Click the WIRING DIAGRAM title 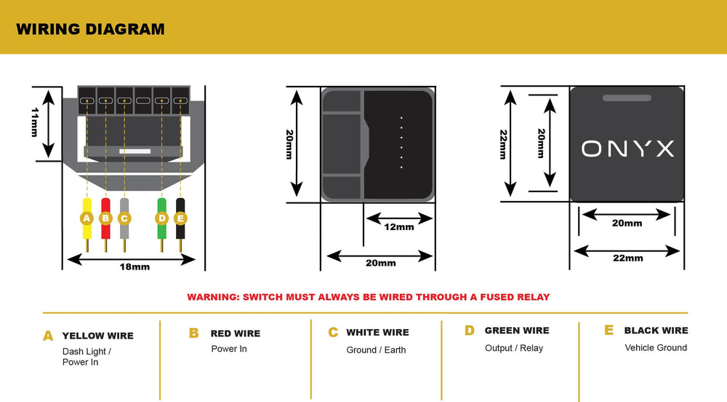(90, 29)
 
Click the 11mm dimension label (35, 122)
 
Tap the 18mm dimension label (134, 267)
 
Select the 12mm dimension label (399, 227)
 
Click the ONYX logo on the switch (628, 149)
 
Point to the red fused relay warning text (369, 297)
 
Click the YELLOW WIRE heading (98, 336)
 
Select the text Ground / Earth (376, 350)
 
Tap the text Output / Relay (514, 348)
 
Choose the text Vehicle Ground (656, 347)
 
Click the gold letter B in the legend (194, 334)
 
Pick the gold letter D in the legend (470, 331)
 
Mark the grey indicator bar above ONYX (627, 98)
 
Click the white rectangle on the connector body (135, 151)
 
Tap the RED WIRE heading (236, 334)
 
